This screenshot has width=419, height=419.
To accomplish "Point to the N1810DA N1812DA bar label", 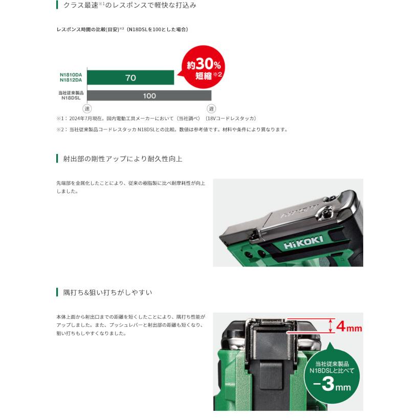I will coord(71,77).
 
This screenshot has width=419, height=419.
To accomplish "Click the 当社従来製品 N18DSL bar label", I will coord(71,95).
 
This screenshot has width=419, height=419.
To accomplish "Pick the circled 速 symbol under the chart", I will coord(87,108).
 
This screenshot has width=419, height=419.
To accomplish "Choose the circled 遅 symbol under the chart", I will coord(211,108).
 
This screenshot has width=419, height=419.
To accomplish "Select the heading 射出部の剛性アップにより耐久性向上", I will coord(122,159).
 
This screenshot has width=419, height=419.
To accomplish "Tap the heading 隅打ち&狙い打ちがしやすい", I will coord(107,293).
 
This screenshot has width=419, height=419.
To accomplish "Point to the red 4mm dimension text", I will coord(349,326).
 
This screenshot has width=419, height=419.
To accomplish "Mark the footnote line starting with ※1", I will coord(157,119).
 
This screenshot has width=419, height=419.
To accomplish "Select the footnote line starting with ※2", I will coord(172,129).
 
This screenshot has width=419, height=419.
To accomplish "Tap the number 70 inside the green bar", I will coord(130,78).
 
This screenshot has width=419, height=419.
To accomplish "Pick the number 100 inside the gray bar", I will coord(149,96).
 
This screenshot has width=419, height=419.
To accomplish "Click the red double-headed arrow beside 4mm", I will coord(331,326).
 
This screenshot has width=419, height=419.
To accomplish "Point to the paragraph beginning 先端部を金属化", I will coord(130,187).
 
